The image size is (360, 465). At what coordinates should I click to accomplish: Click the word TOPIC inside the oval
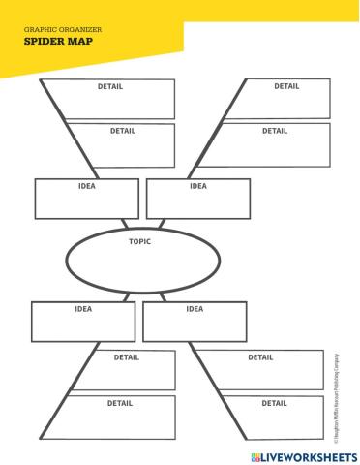pos(139,241)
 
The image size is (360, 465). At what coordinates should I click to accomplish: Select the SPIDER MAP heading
pos(52,42)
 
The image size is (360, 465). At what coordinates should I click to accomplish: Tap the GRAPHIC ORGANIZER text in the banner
pos(63,30)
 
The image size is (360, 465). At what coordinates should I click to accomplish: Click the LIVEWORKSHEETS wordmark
pos(310,455)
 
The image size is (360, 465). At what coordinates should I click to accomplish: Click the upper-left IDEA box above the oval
pos(86,199)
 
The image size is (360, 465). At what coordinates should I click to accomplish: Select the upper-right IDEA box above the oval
pos(197,199)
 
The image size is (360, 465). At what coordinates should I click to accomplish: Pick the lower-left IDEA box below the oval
pos(83,322)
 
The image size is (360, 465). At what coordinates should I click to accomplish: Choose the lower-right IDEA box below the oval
pos(194,322)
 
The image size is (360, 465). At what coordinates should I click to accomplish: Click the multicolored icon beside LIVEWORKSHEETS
pos(255,455)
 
